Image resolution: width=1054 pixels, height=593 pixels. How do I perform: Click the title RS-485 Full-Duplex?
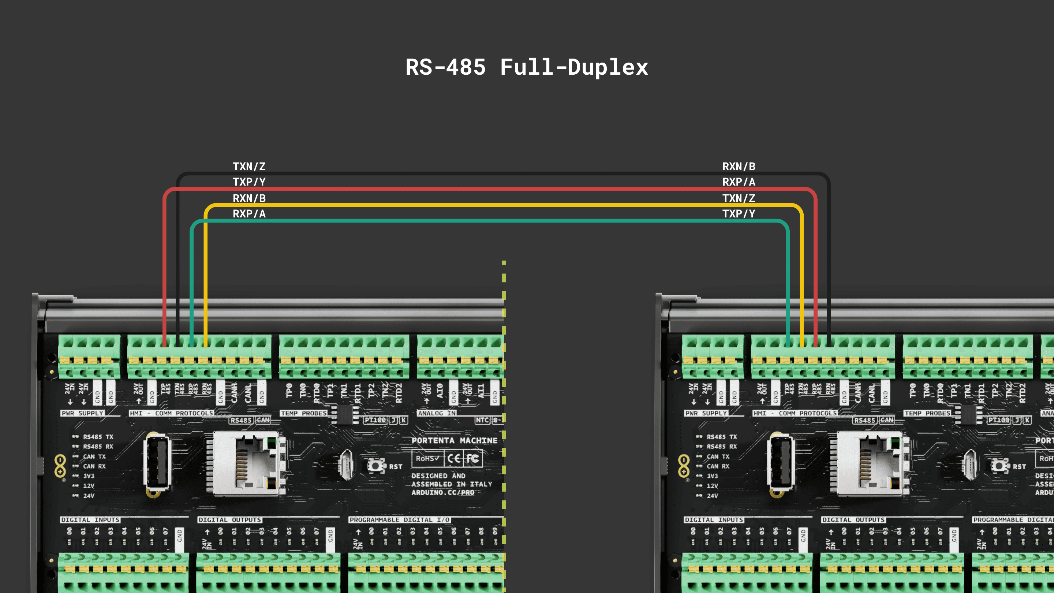(527, 67)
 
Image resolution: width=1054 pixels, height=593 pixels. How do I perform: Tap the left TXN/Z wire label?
(249, 167)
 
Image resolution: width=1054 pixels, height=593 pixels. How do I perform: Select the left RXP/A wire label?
(249, 214)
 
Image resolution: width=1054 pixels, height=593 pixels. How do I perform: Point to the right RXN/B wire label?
(739, 167)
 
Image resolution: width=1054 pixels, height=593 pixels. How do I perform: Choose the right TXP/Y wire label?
(739, 214)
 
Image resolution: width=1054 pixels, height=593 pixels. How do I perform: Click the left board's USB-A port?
(157, 463)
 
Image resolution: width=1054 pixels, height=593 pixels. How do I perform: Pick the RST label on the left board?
(395, 467)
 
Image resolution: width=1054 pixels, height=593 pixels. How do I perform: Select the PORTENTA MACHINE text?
(454, 441)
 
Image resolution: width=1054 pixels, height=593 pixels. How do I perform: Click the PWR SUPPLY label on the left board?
(82, 413)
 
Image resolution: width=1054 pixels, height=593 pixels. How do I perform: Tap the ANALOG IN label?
(437, 413)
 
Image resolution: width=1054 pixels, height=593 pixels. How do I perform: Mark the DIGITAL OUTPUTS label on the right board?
(853, 520)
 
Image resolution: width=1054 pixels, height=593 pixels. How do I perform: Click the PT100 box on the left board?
(375, 420)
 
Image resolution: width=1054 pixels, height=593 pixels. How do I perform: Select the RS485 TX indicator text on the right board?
(721, 437)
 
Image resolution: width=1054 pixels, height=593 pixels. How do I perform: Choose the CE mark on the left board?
(454, 458)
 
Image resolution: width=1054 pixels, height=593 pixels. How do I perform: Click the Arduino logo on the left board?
(60, 466)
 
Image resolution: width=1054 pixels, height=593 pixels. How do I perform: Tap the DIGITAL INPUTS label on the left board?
(90, 520)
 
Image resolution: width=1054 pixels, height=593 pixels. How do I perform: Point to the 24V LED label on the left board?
(89, 496)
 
